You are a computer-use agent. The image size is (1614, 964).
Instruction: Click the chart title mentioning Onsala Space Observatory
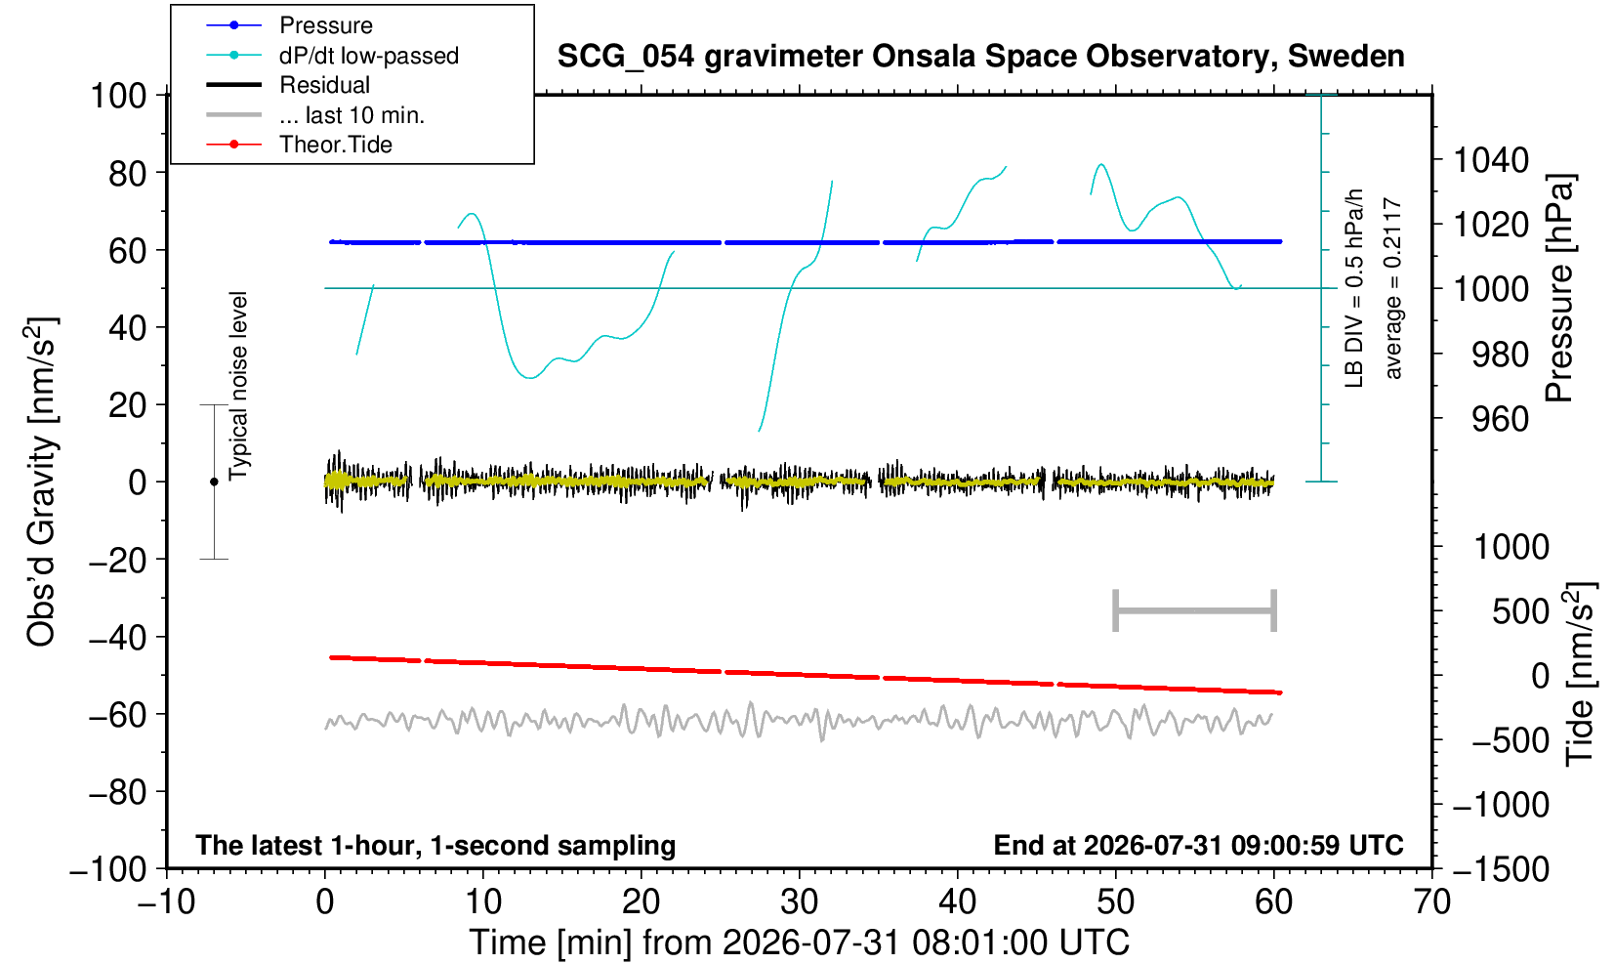(980, 56)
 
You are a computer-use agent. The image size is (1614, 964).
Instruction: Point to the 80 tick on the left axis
(127, 173)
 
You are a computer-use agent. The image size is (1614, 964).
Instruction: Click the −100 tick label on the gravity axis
(108, 869)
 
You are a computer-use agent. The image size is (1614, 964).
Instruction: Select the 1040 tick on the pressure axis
(1491, 159)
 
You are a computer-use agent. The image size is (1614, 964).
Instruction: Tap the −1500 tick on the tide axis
(1501, 869)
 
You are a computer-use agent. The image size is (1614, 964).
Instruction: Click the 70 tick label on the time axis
(1431, 902)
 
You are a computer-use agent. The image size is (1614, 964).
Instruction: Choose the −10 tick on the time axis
(166, 902)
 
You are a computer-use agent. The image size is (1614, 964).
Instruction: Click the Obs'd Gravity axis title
(42, 482)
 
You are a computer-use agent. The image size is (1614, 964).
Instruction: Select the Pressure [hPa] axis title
(1560, 288)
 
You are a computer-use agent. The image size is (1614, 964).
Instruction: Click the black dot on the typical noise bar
(214, 482)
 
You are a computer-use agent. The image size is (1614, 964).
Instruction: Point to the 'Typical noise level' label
(238, 387)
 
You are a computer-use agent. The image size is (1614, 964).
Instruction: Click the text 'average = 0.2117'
(1392, 288)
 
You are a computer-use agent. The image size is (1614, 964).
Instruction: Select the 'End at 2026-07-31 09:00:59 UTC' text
(1198, 845)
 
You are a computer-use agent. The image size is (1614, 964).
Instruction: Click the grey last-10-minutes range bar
(1195, 610)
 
